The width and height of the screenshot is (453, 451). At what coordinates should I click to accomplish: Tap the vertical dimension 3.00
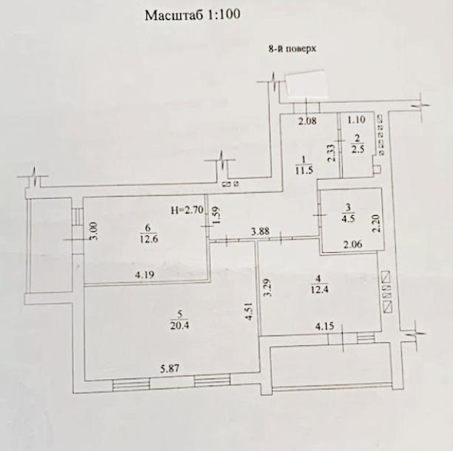coord(94,236)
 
